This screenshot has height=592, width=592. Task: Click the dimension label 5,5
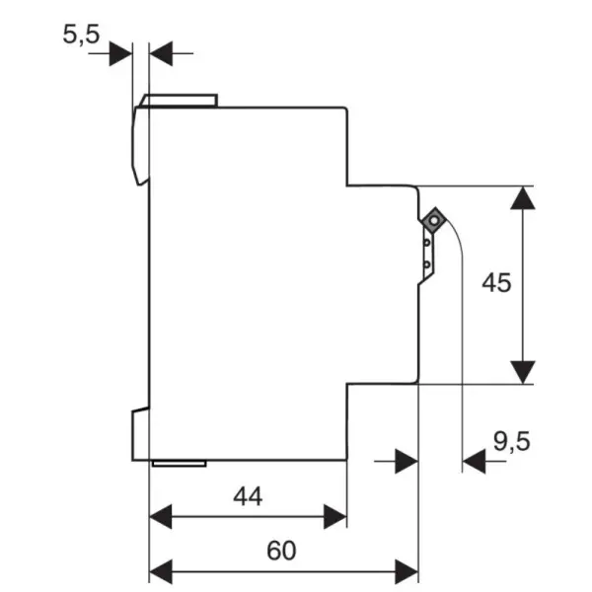click(x=81, y=35)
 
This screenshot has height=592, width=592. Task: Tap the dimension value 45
click(x=496, y=282)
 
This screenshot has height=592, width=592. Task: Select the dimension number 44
click(x=248, y=496)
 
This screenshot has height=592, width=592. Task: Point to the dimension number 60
click(x=281, y=551)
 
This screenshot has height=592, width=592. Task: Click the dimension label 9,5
click(x=512, y=441)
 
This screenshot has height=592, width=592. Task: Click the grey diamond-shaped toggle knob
click(x=434, y=219)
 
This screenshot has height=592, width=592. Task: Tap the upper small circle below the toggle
click(x=426, y=243)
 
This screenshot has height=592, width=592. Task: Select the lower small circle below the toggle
click(x=426, y=264)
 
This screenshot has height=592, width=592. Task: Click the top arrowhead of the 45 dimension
click(x=523, y=198)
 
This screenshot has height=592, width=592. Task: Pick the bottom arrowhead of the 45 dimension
click(x=523, y=372)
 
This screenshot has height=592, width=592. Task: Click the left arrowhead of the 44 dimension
click(x=161, y=516)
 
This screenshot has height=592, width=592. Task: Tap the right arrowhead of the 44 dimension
click(x=335, y=516)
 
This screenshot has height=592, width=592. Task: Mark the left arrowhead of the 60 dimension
click(x=161, y=571)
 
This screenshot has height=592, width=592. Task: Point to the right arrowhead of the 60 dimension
click(x=407, y=571)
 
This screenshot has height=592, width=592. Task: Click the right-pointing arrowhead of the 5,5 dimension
click(x=120, y=53)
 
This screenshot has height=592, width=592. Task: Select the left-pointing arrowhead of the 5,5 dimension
click(x=161, y=53)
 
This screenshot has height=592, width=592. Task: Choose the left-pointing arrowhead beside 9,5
click(x=474, y=461)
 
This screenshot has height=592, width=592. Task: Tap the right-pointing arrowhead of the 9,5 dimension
click(x=407, y=461)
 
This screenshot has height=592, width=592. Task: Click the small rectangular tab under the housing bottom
click(x=180, y=464)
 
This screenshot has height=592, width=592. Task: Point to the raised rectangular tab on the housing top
click(x=179, y=101)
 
